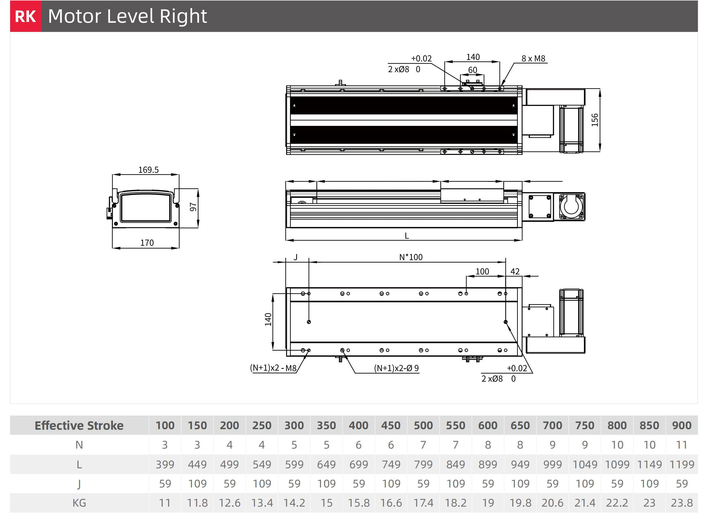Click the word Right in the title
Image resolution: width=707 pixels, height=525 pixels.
tap(183, 16)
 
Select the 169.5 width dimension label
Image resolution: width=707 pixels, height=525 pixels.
tap(149, 170)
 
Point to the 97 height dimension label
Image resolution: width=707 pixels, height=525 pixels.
tap(193, 207)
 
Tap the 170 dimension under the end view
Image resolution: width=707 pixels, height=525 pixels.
tap(147, 243)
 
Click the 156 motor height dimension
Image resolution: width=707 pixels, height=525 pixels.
tap(595, 120)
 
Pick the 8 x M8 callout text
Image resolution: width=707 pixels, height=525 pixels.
tap(533, 59)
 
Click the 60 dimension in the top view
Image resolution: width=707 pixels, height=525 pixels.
tap(473, 70)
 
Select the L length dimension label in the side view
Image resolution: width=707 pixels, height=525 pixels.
tap(407, 236)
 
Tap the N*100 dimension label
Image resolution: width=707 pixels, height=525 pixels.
tap(411, 257)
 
